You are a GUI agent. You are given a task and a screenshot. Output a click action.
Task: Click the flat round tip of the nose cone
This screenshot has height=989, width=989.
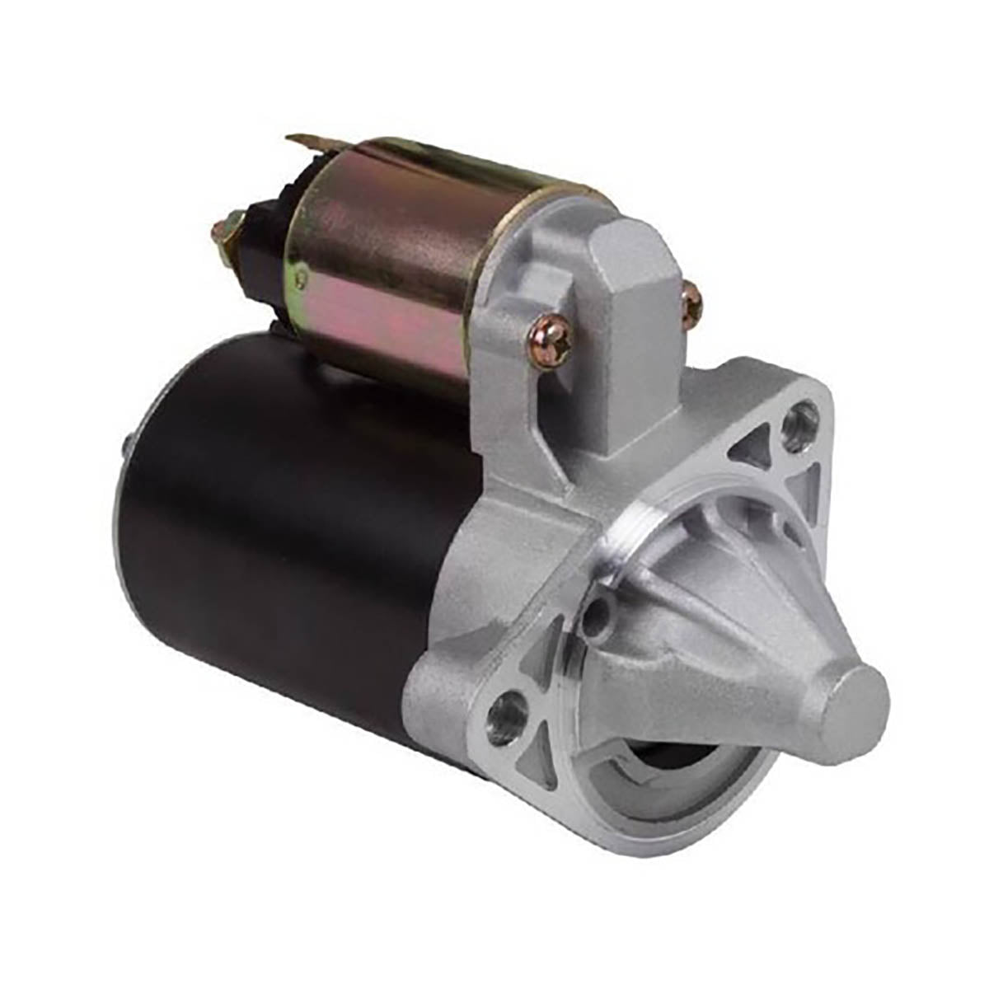(857, 693)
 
